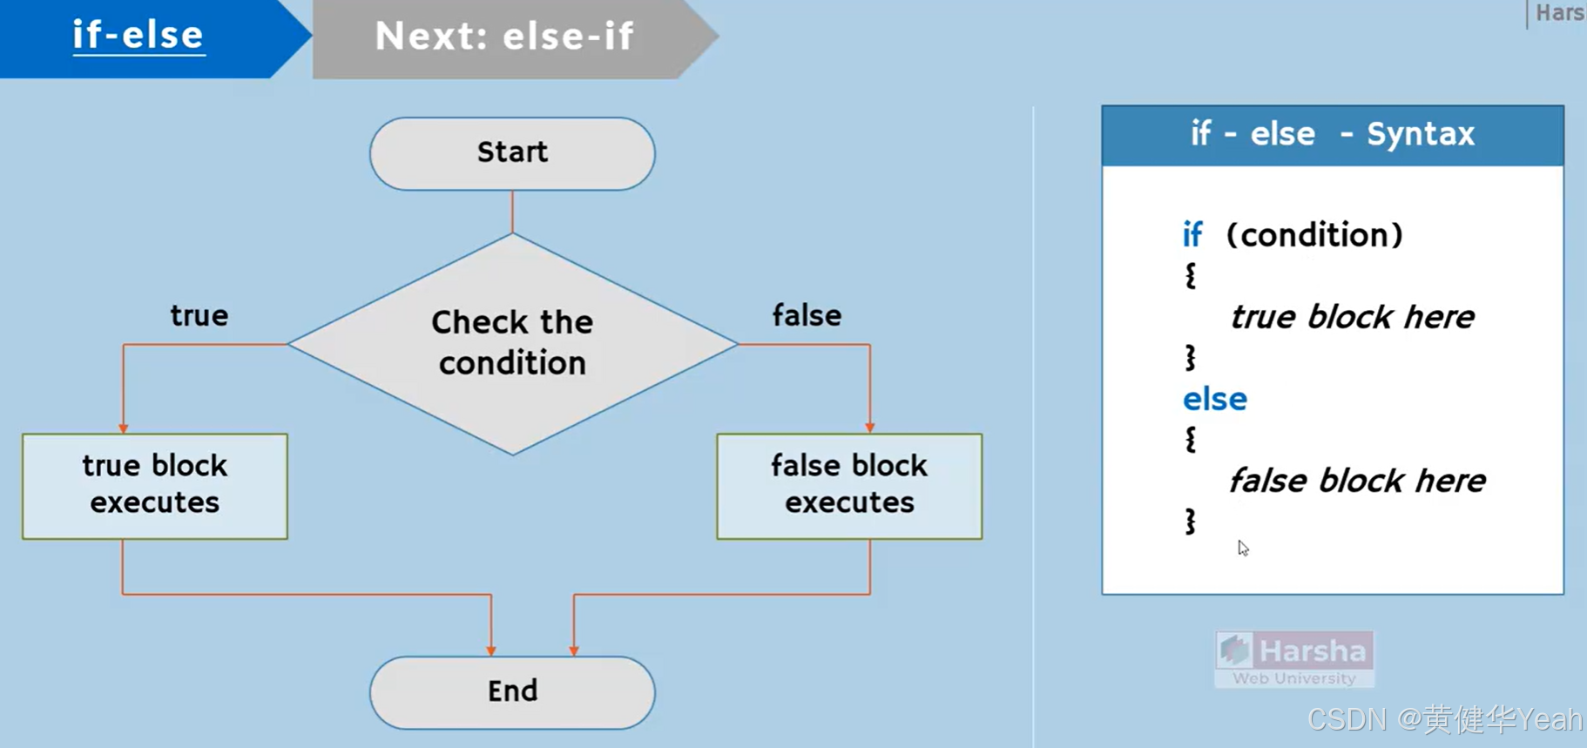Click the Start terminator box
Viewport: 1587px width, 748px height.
coord(512,153)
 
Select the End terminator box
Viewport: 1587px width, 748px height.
coord(512,691)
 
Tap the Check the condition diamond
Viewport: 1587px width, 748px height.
coord(512,343)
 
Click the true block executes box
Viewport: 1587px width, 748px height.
coord(155,485)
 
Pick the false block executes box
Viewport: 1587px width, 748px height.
coord(849,485)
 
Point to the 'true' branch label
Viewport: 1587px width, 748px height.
coord(199,315)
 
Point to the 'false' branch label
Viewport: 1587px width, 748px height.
coord(807,315)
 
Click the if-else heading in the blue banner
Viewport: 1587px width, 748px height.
coord(138,36)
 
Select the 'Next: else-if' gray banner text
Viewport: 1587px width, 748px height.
coord(504,37)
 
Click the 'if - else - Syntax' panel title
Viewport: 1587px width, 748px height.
coord(1332,134)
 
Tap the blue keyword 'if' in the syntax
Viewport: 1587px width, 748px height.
coord(1192,235)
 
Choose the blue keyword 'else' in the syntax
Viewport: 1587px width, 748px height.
coord(1214,400)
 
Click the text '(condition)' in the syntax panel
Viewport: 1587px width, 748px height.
coord(1314,235)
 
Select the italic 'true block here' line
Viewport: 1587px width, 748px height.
coord(1352,317)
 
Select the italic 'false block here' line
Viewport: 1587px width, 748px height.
coord(1357,481)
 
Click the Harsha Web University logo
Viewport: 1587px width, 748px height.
coord(1294,659)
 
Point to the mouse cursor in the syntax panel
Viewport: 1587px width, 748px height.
coord(1243,548)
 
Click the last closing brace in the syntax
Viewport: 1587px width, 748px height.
coord(1191,522)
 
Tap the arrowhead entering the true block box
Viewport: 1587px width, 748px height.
coord(124,428)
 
